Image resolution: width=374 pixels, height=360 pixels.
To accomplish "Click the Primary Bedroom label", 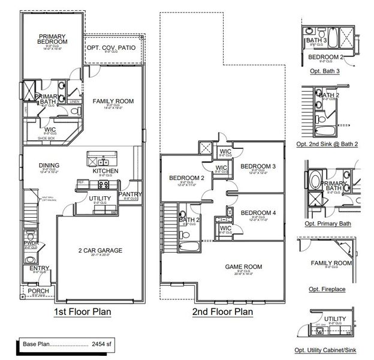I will click(53, 38).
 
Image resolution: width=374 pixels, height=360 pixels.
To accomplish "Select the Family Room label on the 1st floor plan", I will click(113, 101).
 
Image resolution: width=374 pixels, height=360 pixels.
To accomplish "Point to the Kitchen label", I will click(105, 171).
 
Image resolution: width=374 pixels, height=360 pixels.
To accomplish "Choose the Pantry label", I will click(130, 194).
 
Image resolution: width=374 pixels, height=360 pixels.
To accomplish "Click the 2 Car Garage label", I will click(96, 250).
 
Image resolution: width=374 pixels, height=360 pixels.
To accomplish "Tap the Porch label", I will click(39, 291).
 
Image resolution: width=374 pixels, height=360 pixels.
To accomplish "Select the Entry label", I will click(40, 268).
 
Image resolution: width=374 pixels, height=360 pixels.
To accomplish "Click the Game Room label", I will click(244, 266).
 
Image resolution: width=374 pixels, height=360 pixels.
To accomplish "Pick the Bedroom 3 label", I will click(258, 166).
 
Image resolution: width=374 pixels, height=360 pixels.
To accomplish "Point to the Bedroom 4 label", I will click(258, 213).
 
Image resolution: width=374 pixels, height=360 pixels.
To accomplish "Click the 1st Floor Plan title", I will click(82, 312).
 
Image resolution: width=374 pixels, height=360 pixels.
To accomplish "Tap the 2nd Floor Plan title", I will click(222, 312).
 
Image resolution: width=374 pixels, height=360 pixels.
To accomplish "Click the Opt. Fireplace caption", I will click(329, 289).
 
